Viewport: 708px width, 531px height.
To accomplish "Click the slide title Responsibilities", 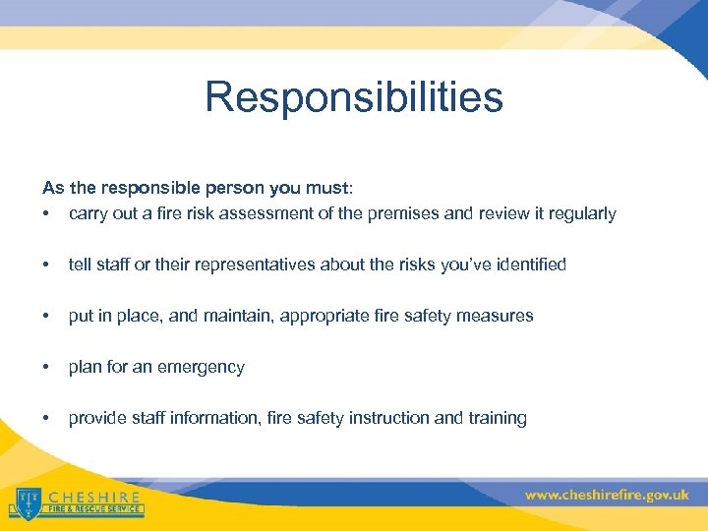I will point(354,97).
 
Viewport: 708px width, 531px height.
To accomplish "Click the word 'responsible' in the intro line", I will point(135,187).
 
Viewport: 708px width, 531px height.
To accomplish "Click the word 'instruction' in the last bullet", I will point(391,418).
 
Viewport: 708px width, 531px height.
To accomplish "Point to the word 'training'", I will point(497,418).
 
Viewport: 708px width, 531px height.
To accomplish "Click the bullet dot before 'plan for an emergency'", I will point(46,367).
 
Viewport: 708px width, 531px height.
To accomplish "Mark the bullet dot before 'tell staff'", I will point(46,265).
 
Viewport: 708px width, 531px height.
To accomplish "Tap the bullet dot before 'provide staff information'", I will point(46,418).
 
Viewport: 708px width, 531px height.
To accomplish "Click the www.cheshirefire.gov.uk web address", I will point(607,496).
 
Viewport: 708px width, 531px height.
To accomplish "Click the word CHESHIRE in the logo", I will point(94,497).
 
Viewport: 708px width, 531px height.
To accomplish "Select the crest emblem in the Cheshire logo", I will point(29,501).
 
